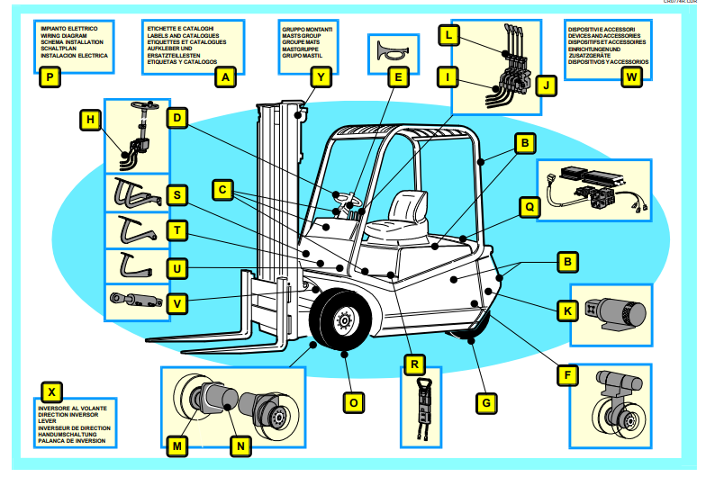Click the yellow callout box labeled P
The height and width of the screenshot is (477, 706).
pyautogui.click(x=50, y=77)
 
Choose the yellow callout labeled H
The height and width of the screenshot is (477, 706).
pyautogui.click(x=90, y=118)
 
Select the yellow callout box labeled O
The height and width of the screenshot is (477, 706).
pyautogui.click(x=354, y=402)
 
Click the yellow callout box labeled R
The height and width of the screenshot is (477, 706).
pyautogui.click(x=413, y=365)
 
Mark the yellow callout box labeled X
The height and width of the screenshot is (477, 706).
pyautogui.click(x=53, y=392)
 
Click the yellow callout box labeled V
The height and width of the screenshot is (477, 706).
pyautogui.click(x=178, y=304)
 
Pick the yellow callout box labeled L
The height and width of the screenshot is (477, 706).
pyautogui.click(x=448, y=36)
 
